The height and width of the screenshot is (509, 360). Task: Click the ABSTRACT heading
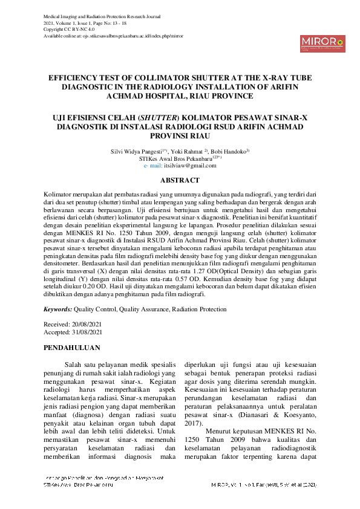click(180, 180)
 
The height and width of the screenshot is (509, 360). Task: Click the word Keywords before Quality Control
click(58, 309)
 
